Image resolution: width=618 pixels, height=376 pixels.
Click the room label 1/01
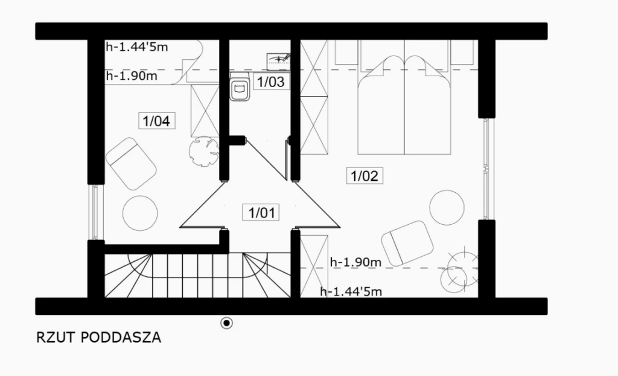[x=261, y=213]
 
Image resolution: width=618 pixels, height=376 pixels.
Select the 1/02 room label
[x=365, y=175]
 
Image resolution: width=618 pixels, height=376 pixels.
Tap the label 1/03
[x=271, y=82]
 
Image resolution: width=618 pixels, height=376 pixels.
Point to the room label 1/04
[x=156, y=120]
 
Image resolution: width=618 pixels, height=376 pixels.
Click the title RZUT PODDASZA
[x=99, y=338]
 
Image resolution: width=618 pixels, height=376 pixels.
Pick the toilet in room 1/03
[x=240, y=86]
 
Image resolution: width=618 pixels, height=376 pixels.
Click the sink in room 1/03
[x=279, y=60]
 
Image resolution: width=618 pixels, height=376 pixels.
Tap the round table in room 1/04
[x=140, y=213]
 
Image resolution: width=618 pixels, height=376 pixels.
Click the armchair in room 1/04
[x=131, y=163]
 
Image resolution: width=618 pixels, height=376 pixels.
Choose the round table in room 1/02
[x=447, y=208]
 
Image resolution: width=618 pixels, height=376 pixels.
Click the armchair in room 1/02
[x=407, y=243]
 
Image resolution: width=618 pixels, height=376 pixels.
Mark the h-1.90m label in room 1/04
[x=132, y=76]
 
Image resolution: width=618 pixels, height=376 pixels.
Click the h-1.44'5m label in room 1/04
[x=137, y=47]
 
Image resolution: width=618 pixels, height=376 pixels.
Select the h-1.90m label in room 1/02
[x=355, y=262]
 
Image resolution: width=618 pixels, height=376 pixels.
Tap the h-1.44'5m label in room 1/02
[x=351, y=292]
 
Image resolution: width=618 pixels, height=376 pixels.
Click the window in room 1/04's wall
[x=95, y=212]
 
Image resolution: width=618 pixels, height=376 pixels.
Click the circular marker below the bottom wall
[x=226, y=323]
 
